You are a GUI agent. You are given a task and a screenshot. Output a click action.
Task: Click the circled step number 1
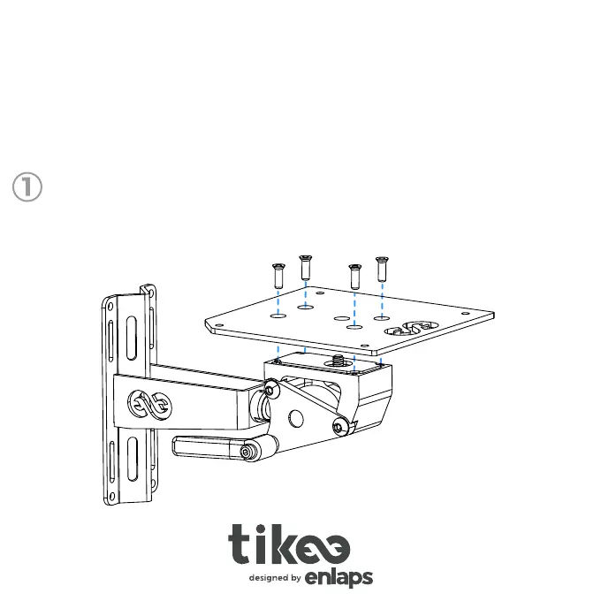click(x=27, y=187)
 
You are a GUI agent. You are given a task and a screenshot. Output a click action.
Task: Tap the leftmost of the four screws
click(x=278, y=276)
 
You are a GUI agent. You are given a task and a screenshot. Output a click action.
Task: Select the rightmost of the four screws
click(x=382, y=269)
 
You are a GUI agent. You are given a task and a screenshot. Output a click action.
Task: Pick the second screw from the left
click(x=306, y=267)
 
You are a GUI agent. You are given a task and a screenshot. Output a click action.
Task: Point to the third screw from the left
click(x=355, y=277)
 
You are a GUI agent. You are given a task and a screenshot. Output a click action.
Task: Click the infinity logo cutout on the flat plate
click(x=411, y=328)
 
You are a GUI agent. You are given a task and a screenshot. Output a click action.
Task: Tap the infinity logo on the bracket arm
click(x=149, y=405)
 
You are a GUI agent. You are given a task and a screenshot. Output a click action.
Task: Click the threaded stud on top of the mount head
click(x=338, y=360)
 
